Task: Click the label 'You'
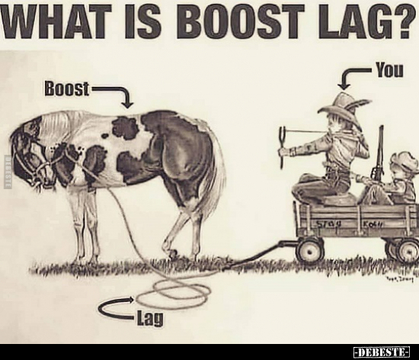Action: coord(389,71)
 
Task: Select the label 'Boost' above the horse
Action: coord(68,89)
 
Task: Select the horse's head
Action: coord(30,156)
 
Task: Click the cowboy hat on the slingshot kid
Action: coord(344,107)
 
